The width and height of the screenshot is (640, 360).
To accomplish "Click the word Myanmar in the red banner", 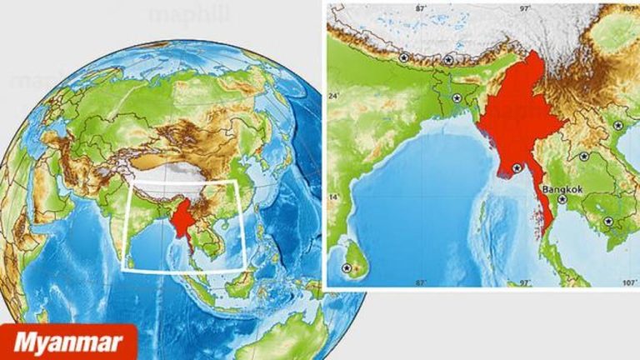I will point(68,342).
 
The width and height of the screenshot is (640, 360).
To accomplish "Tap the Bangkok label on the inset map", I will point(561,189).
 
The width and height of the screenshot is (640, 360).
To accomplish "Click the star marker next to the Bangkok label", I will point(562,199).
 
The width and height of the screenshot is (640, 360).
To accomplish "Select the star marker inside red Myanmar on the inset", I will point(517,168).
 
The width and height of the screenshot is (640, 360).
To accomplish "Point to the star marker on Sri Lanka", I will point(347,267).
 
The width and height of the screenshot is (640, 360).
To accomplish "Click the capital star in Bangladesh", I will point(457,97).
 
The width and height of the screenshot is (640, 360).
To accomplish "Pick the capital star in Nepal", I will point(404,57).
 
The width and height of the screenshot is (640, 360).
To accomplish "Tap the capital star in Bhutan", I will point(449,60).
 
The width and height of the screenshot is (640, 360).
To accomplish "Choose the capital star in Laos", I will point(583,156).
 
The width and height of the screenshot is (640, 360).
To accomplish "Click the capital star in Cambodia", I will point(608,221).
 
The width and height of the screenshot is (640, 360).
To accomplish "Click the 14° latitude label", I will point(334,197).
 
